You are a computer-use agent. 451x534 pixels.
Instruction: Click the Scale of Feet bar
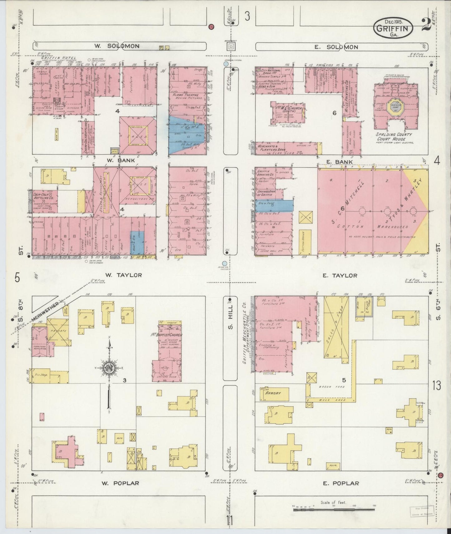[x=334, y=510]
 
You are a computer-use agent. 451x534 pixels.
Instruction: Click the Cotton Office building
[x=305, y=242]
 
